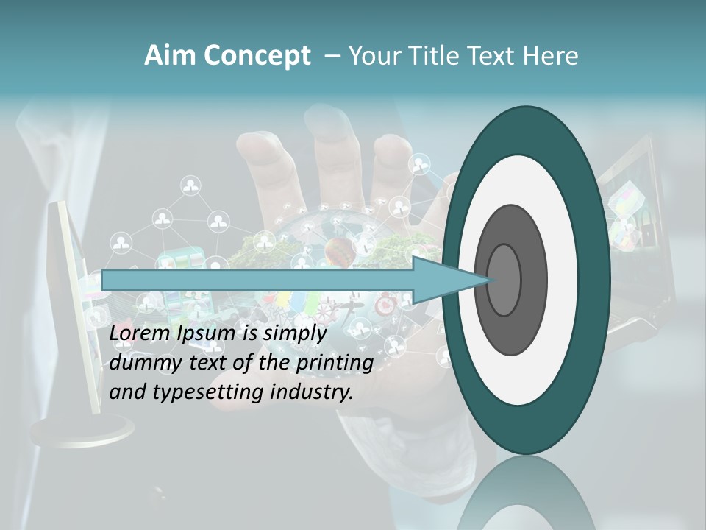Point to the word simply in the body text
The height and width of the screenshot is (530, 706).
pos(294,334)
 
